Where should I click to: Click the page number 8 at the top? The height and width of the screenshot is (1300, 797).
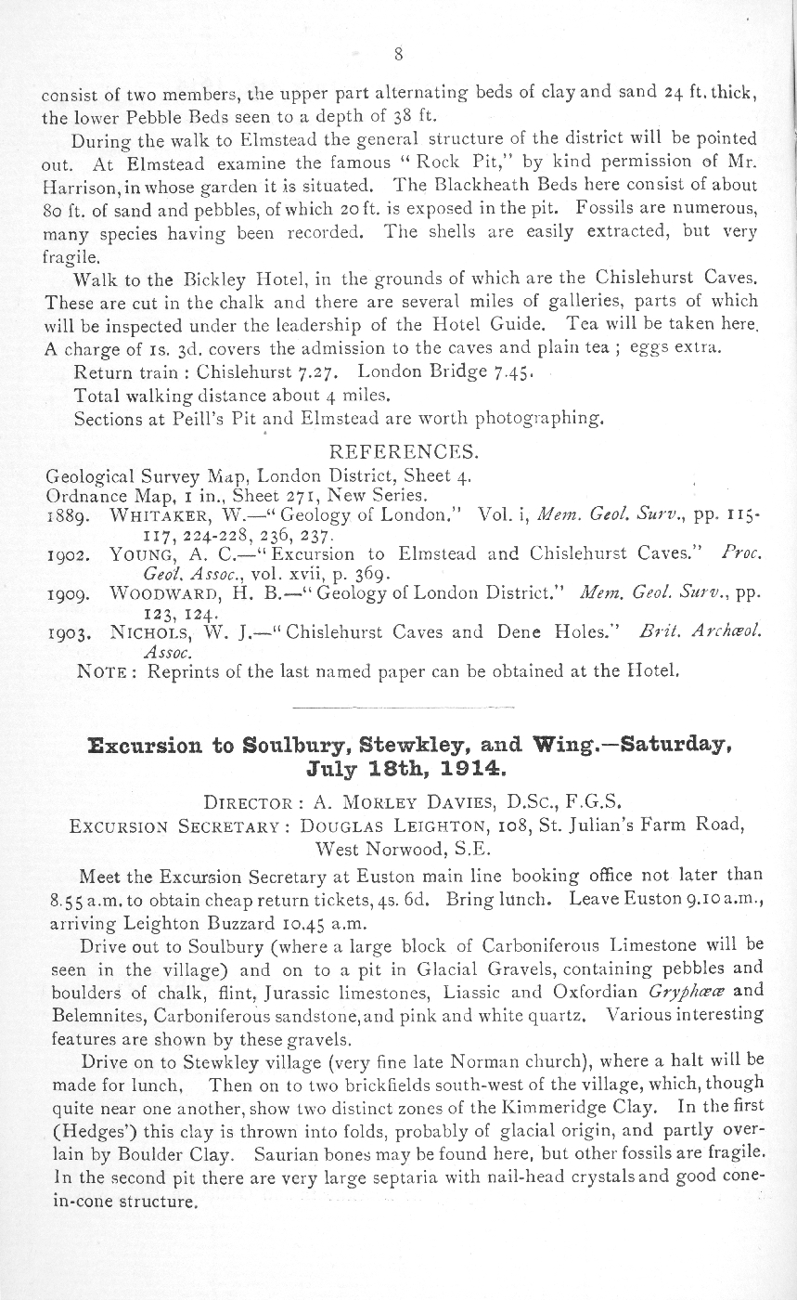click(398, 54)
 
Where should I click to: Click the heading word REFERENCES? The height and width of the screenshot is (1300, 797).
click(404, 454)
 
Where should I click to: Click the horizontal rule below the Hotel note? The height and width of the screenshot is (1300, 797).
click(398, 707)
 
